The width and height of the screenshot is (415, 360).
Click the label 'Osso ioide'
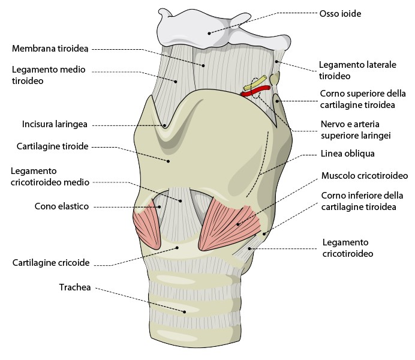[340, 13]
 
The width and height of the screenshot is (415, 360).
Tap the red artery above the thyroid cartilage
[255, 91]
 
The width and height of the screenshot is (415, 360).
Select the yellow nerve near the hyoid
[255, 83]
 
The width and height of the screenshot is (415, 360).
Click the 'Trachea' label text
[75, 287]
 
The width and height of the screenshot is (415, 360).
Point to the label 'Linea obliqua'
[347, 154]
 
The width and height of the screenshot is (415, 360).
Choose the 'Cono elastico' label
[62, 206]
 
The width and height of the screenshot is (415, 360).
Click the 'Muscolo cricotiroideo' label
[365, 175]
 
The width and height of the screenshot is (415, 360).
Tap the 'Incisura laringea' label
[55, 124]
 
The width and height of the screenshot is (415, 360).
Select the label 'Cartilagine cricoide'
[51, 263]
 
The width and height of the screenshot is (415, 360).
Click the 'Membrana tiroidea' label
[50, 49]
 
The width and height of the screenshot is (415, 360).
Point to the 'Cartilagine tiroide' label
[52, 146]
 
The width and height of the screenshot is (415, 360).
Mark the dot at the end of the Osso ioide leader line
[209, 34]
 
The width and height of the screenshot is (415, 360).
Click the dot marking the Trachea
[185, 312]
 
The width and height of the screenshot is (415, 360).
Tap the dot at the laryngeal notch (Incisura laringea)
[165, 126]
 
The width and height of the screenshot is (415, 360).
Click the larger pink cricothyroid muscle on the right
[229, 227]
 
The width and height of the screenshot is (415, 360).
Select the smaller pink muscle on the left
[147, 224]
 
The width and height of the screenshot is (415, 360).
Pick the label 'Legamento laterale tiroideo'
[357, 70]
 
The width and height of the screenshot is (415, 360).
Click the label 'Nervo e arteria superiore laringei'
[356, 130]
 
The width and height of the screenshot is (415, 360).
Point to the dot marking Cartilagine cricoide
[178, 248]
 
